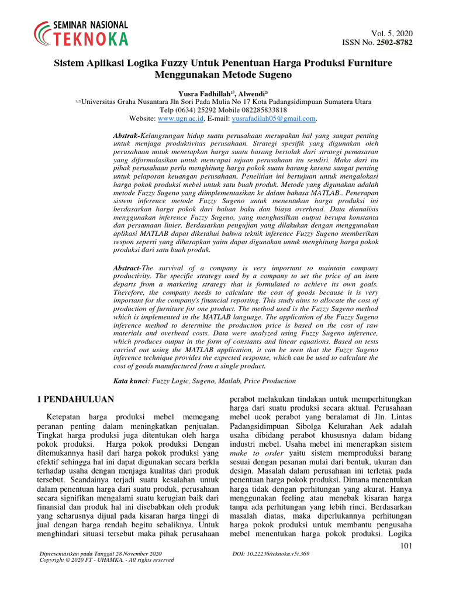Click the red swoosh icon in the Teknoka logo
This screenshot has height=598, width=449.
(x=43, y=33)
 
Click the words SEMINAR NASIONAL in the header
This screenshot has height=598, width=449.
(x=90, y=25)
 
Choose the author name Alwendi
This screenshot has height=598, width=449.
(x=250, y=92)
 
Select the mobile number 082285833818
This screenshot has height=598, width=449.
(x=257, y=109)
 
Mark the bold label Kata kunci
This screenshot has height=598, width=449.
(x=130, y=381)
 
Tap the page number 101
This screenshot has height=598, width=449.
(x=406, y=546)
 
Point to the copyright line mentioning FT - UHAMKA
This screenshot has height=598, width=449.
(x=106, y=559)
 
